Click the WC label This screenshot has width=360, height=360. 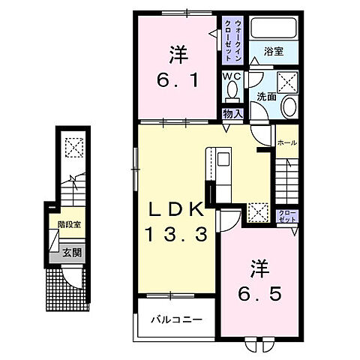(230, 76)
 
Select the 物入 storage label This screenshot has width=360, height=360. (232, 113)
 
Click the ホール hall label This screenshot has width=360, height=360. (286, 142)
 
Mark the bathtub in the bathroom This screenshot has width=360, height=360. (274, 30)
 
